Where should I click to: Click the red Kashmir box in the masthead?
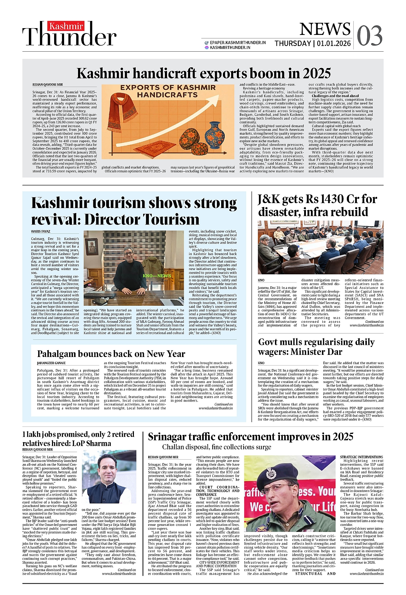[66, 26]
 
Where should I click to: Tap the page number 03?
[369, 36]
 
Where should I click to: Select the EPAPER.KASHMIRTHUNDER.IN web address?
[238, 42]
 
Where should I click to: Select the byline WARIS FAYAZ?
[41, 232]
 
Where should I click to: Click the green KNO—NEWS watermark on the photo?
[157, 276]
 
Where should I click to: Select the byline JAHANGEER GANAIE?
[51, 363]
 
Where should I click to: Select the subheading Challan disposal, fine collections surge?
[217, 447]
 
